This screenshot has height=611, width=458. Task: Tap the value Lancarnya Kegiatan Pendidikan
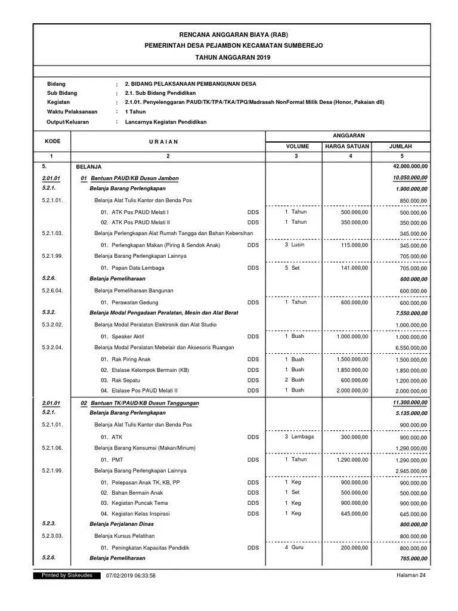click(165, 122)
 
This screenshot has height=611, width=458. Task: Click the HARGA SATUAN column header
click(346, 146)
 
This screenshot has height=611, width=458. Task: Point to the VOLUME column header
click(297, 146)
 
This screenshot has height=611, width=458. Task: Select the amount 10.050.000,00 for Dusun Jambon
click(410, 178)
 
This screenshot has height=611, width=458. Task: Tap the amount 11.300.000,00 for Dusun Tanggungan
click(410, 403)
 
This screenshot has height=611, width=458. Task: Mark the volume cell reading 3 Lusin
click(295, 245)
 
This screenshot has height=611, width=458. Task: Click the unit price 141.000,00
click(354, 267)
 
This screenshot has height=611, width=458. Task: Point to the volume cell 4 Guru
click(295, 547)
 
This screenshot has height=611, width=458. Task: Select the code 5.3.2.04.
click(52, 347)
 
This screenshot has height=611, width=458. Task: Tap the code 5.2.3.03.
click(52, 536)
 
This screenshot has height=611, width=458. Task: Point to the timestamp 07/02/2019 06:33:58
click(131, 576)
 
